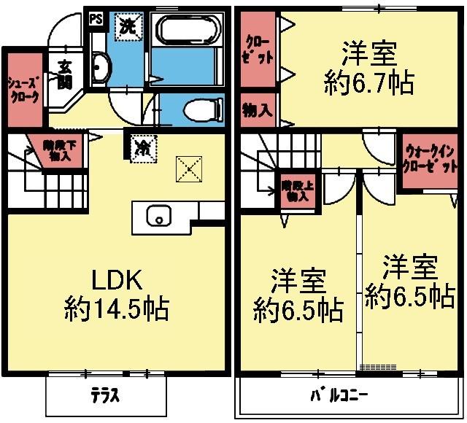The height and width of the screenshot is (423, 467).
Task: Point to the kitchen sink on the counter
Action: pyautogui.click(x=158, y=216)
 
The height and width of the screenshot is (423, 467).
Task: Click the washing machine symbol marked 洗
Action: pyautogui.click(x=128, y=27)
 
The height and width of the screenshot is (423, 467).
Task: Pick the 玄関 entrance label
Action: pyautogui.click(x=64, y=72)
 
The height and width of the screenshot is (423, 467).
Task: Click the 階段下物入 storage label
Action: pyautogui.click(x=57, y=150)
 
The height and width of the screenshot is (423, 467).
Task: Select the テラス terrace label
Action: pyautogui.click(x=106, y=397)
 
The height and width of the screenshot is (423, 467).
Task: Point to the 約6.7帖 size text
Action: pyautogui.click(x=368, y=82)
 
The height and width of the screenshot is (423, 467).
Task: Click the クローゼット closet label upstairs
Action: pyautogui.click(x=257, y=48)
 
